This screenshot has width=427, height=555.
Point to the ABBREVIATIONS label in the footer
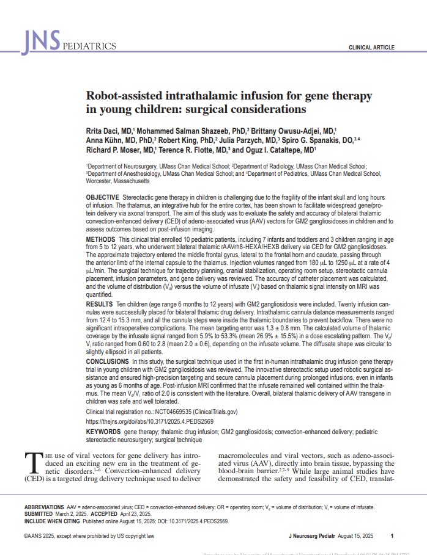(44, 507)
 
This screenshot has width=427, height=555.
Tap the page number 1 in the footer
(392, 535)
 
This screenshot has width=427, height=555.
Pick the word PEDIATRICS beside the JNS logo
(89, 46)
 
